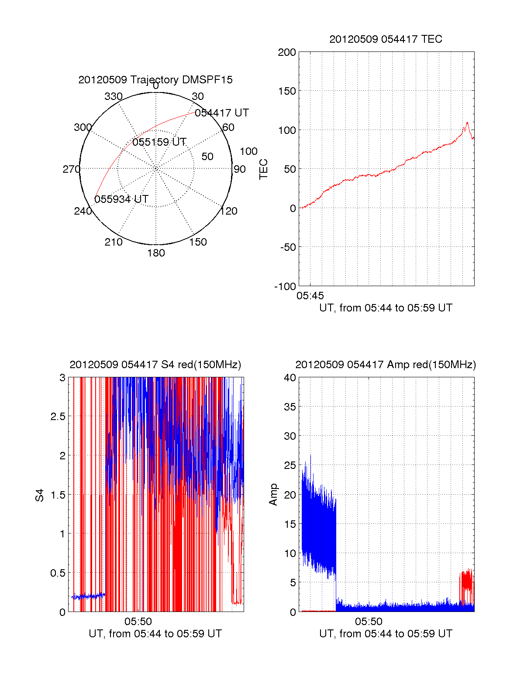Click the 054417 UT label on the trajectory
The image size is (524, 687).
221,113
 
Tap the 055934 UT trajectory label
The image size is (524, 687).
121,199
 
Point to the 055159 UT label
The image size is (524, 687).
159,142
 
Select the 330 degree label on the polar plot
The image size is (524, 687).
114,96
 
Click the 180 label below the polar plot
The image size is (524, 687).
156,253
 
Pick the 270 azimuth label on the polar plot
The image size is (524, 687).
71,169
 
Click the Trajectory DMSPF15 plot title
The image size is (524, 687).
155,80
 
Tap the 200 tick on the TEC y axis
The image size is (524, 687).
287,53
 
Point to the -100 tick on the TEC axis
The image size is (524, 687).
285,287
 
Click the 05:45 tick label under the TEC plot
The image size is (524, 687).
310,296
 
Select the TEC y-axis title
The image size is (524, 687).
264,169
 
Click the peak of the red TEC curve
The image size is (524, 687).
467,123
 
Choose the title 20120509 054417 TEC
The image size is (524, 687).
386,39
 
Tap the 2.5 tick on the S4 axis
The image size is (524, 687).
58,417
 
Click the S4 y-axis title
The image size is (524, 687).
40,496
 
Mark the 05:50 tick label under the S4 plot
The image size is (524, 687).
138,622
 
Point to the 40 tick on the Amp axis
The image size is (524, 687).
290,378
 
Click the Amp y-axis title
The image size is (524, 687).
273,495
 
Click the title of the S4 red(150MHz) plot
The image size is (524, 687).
155,365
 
